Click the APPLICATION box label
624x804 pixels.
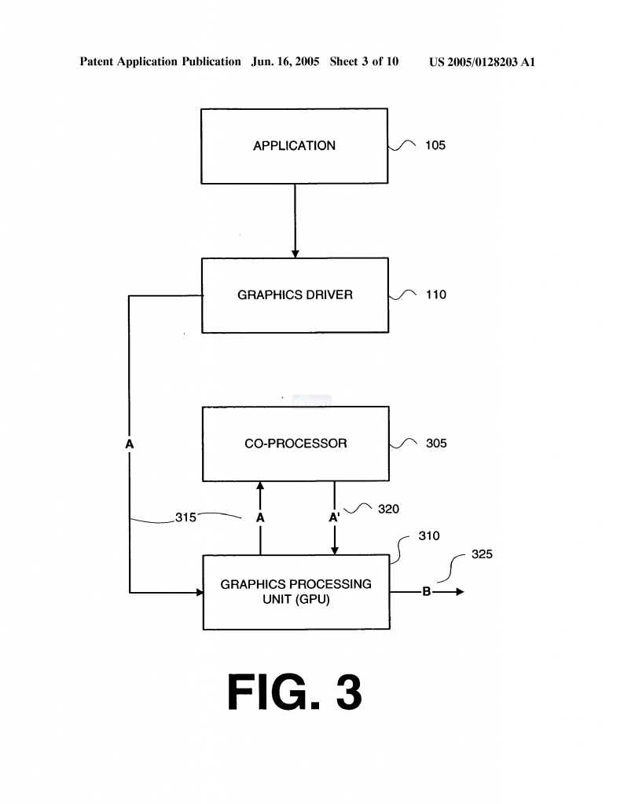click(x=294, y=145)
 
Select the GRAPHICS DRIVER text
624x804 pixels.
click(x=295, y=295)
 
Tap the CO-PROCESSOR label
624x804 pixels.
click(x=295, y=444)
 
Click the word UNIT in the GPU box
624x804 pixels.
click(x=277, y=599)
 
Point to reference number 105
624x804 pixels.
click(x=435, y=145)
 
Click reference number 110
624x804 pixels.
click(x=436, y=295)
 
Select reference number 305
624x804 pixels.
click(x=436, y=444)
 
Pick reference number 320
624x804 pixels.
click(x=388, y=509)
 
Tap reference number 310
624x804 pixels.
click(x=429, y=535)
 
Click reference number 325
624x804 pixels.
click(x=482, y=554)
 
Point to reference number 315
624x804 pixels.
click(x=185, y=517)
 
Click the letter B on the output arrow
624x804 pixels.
click(x=427, y=592)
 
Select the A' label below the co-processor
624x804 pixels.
click(x=335, y=517)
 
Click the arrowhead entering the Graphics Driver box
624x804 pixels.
click(x=295, y=254)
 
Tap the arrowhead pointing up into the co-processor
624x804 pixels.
click(x=260, y=485)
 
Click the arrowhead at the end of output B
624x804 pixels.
click(x=460, y=592)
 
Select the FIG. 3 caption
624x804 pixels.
click(x=295, y=692)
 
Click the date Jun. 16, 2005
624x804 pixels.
click(x=285, y=61)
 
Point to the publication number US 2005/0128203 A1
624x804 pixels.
click(x=482, y=62)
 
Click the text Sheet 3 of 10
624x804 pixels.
click(x=364, y=61)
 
